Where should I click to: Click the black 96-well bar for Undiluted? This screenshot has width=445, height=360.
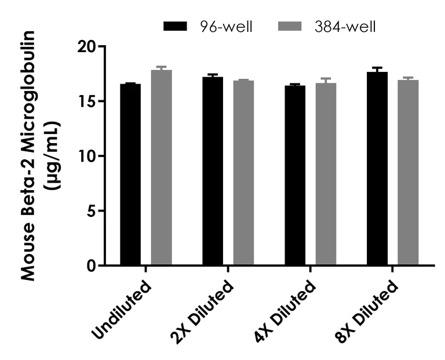click(130, 174)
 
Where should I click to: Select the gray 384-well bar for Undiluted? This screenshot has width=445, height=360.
click(162, 168)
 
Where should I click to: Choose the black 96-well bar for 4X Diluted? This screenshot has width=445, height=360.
click(295, 175)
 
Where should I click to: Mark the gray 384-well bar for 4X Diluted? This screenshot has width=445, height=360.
click(326, 174)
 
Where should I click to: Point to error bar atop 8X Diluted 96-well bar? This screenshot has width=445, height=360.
click(377, 69)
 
